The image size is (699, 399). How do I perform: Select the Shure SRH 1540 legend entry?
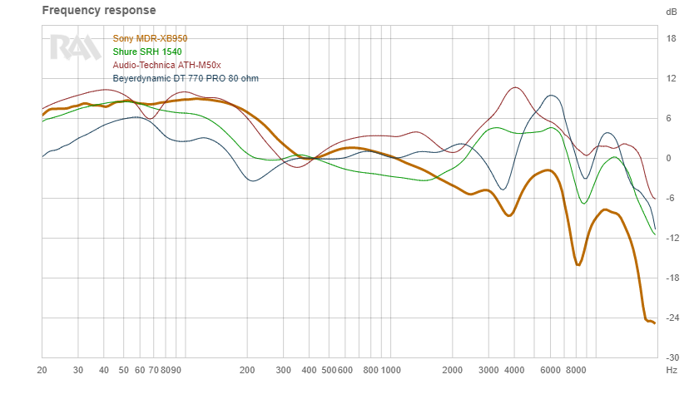pyautogui.click(x=147, y=52)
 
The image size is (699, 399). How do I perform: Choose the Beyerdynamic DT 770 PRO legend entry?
pyautogui.click(x=191, y=78)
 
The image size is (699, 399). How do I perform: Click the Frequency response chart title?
pyautogui.click(x=99, y=11)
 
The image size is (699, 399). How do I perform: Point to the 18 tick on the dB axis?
pyautogui.click(x=671, y=38)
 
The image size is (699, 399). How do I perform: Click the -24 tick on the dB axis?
pyautogui.click(x=671, y=318)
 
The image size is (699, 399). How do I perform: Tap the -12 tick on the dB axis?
pyautogui.click(x=671, y=238)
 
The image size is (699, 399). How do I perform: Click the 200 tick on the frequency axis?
pyautogui.click(x=246, y=369)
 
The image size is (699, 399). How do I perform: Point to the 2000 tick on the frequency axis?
pyautogui.click(x=452, y=369)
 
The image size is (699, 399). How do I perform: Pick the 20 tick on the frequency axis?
pyautogui.click(x=42, y=369)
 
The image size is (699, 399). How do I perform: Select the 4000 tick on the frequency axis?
pyautogui.click(x=513, y=369)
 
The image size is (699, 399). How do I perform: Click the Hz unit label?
pyautogui.click(x=671, y=369)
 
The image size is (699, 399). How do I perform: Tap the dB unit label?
pyautogui.click(x=671, y=12)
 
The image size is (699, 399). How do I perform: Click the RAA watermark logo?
pyautogui.click(x=75, y=47)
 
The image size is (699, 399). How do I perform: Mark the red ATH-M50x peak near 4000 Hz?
pyautogui.click(x=516, y=87)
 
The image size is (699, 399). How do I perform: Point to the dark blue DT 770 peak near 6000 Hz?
pyautogui.click(x=552, y=96)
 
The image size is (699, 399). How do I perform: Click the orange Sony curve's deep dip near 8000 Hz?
pyautogui.click(x=578, y=264)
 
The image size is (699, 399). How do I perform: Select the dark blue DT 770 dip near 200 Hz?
pyautogui.click(x=253, y=180)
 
